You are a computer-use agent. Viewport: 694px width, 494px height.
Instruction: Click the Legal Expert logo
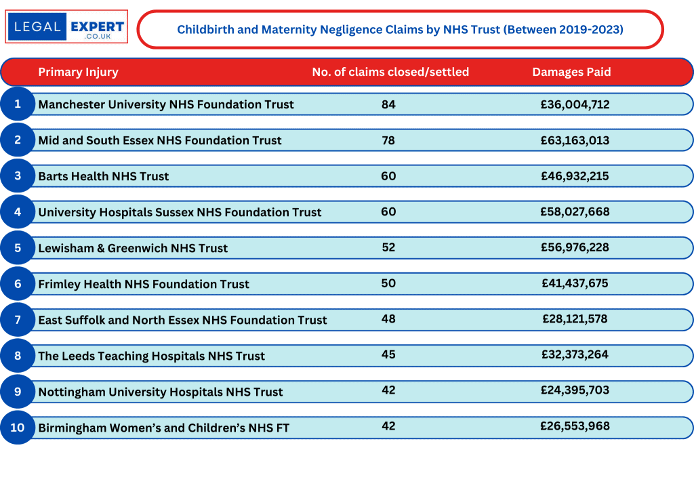(x=66, y=27)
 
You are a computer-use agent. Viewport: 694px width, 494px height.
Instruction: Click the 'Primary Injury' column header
(x=78, y=72)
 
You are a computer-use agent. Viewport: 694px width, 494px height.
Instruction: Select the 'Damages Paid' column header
(x=571, y=72)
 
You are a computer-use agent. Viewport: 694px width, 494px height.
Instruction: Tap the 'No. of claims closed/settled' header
(x=390, y=72)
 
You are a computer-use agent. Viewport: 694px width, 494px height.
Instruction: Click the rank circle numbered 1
(x=18, y=104)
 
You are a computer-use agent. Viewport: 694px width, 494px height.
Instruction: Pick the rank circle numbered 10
(x=18, y=427)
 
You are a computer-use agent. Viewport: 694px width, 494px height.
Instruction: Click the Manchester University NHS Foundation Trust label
(x=166, y=104)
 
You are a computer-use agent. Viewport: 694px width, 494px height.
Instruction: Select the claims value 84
(x=388, y=104)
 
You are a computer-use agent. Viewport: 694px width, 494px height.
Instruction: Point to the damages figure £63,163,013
(x=575, y=140)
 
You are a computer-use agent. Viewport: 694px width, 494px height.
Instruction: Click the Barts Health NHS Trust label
(x=104, y=176)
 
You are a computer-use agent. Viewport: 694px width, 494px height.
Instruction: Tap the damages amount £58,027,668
(x=575, y=211)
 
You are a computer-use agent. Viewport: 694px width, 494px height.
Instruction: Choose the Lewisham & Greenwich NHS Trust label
(x=133, y=248)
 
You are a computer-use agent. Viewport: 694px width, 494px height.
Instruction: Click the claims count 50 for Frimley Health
(x=388, y=283)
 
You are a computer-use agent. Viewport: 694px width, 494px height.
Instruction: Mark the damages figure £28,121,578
(x=575, y=318)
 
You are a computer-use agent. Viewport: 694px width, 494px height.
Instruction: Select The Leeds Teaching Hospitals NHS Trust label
(x=151, y=356)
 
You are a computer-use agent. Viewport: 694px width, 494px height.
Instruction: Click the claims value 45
(x=388, y=354)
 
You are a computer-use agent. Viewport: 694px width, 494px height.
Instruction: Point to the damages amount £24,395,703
(x=575, y=390)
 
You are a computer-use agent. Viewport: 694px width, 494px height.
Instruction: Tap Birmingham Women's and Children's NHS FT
(x=163, y=428)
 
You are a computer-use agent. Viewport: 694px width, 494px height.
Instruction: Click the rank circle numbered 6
(x=18, y=283)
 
